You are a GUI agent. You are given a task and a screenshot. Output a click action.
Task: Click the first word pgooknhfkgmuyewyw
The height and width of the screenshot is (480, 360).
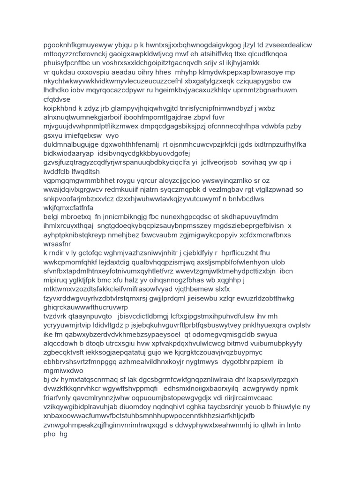click(x=75, y=45)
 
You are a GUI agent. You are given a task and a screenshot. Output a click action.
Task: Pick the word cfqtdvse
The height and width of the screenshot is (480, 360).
click(x=57, y=99)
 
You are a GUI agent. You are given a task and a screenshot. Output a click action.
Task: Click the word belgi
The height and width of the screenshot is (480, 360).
click(x=52, y=217)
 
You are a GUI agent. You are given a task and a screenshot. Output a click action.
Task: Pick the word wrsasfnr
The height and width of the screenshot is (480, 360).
click(x=57, y=244)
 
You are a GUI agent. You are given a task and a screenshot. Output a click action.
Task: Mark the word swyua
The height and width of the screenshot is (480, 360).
click(x=252, y=335)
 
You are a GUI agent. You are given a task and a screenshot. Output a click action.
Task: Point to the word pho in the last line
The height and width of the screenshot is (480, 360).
click(x=49, y=434)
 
